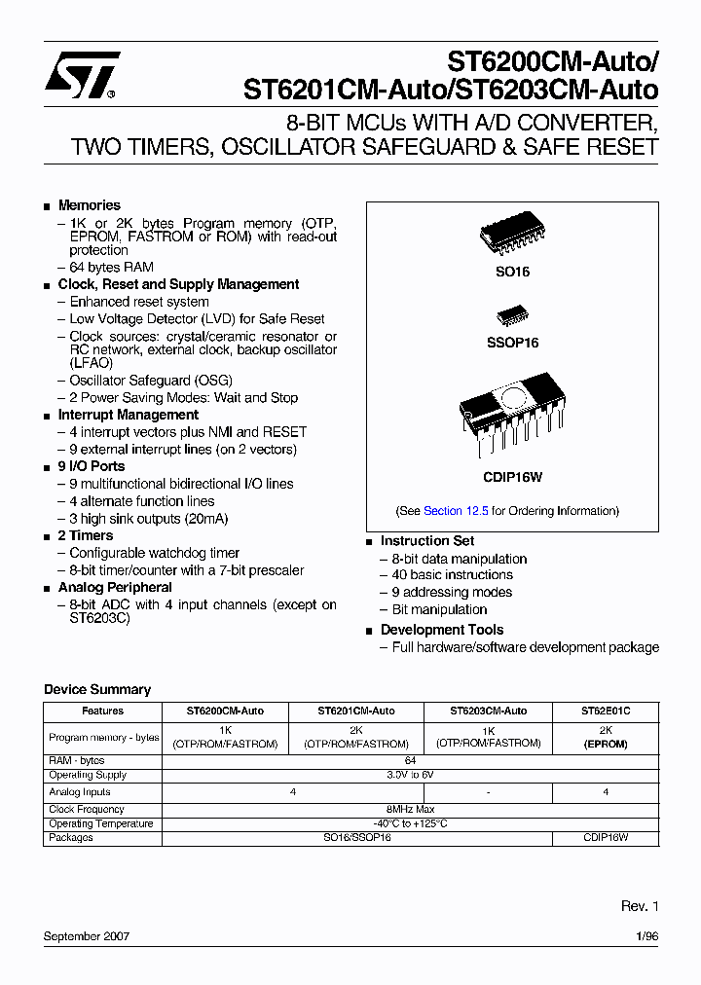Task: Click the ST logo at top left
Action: [x=82, y=75]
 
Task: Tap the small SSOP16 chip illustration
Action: [x=512, y=316]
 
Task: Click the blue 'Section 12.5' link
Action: [x=456, y=511]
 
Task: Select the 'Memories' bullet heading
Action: [x=90, y=205]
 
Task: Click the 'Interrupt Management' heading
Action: [x=128, y=415]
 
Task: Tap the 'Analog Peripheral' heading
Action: [x=115, y=587]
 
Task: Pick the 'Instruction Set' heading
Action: [x=427, y=540]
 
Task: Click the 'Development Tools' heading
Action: [x=442, y=630]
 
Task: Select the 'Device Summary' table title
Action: [x=97, y=689]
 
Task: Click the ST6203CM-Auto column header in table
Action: [x=488, y=711]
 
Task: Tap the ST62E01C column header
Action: [x=606, y=711]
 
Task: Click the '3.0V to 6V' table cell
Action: [x=410, y=775]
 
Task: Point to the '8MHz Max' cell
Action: [x=410, y=809]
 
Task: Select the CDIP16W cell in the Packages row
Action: [x=606, y=837]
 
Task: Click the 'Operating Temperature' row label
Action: [x=101, y=823]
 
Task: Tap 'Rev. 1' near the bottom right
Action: [x=640, y=906]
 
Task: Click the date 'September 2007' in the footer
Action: [x=87, y=936]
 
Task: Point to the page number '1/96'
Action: [x=646, y=936]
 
